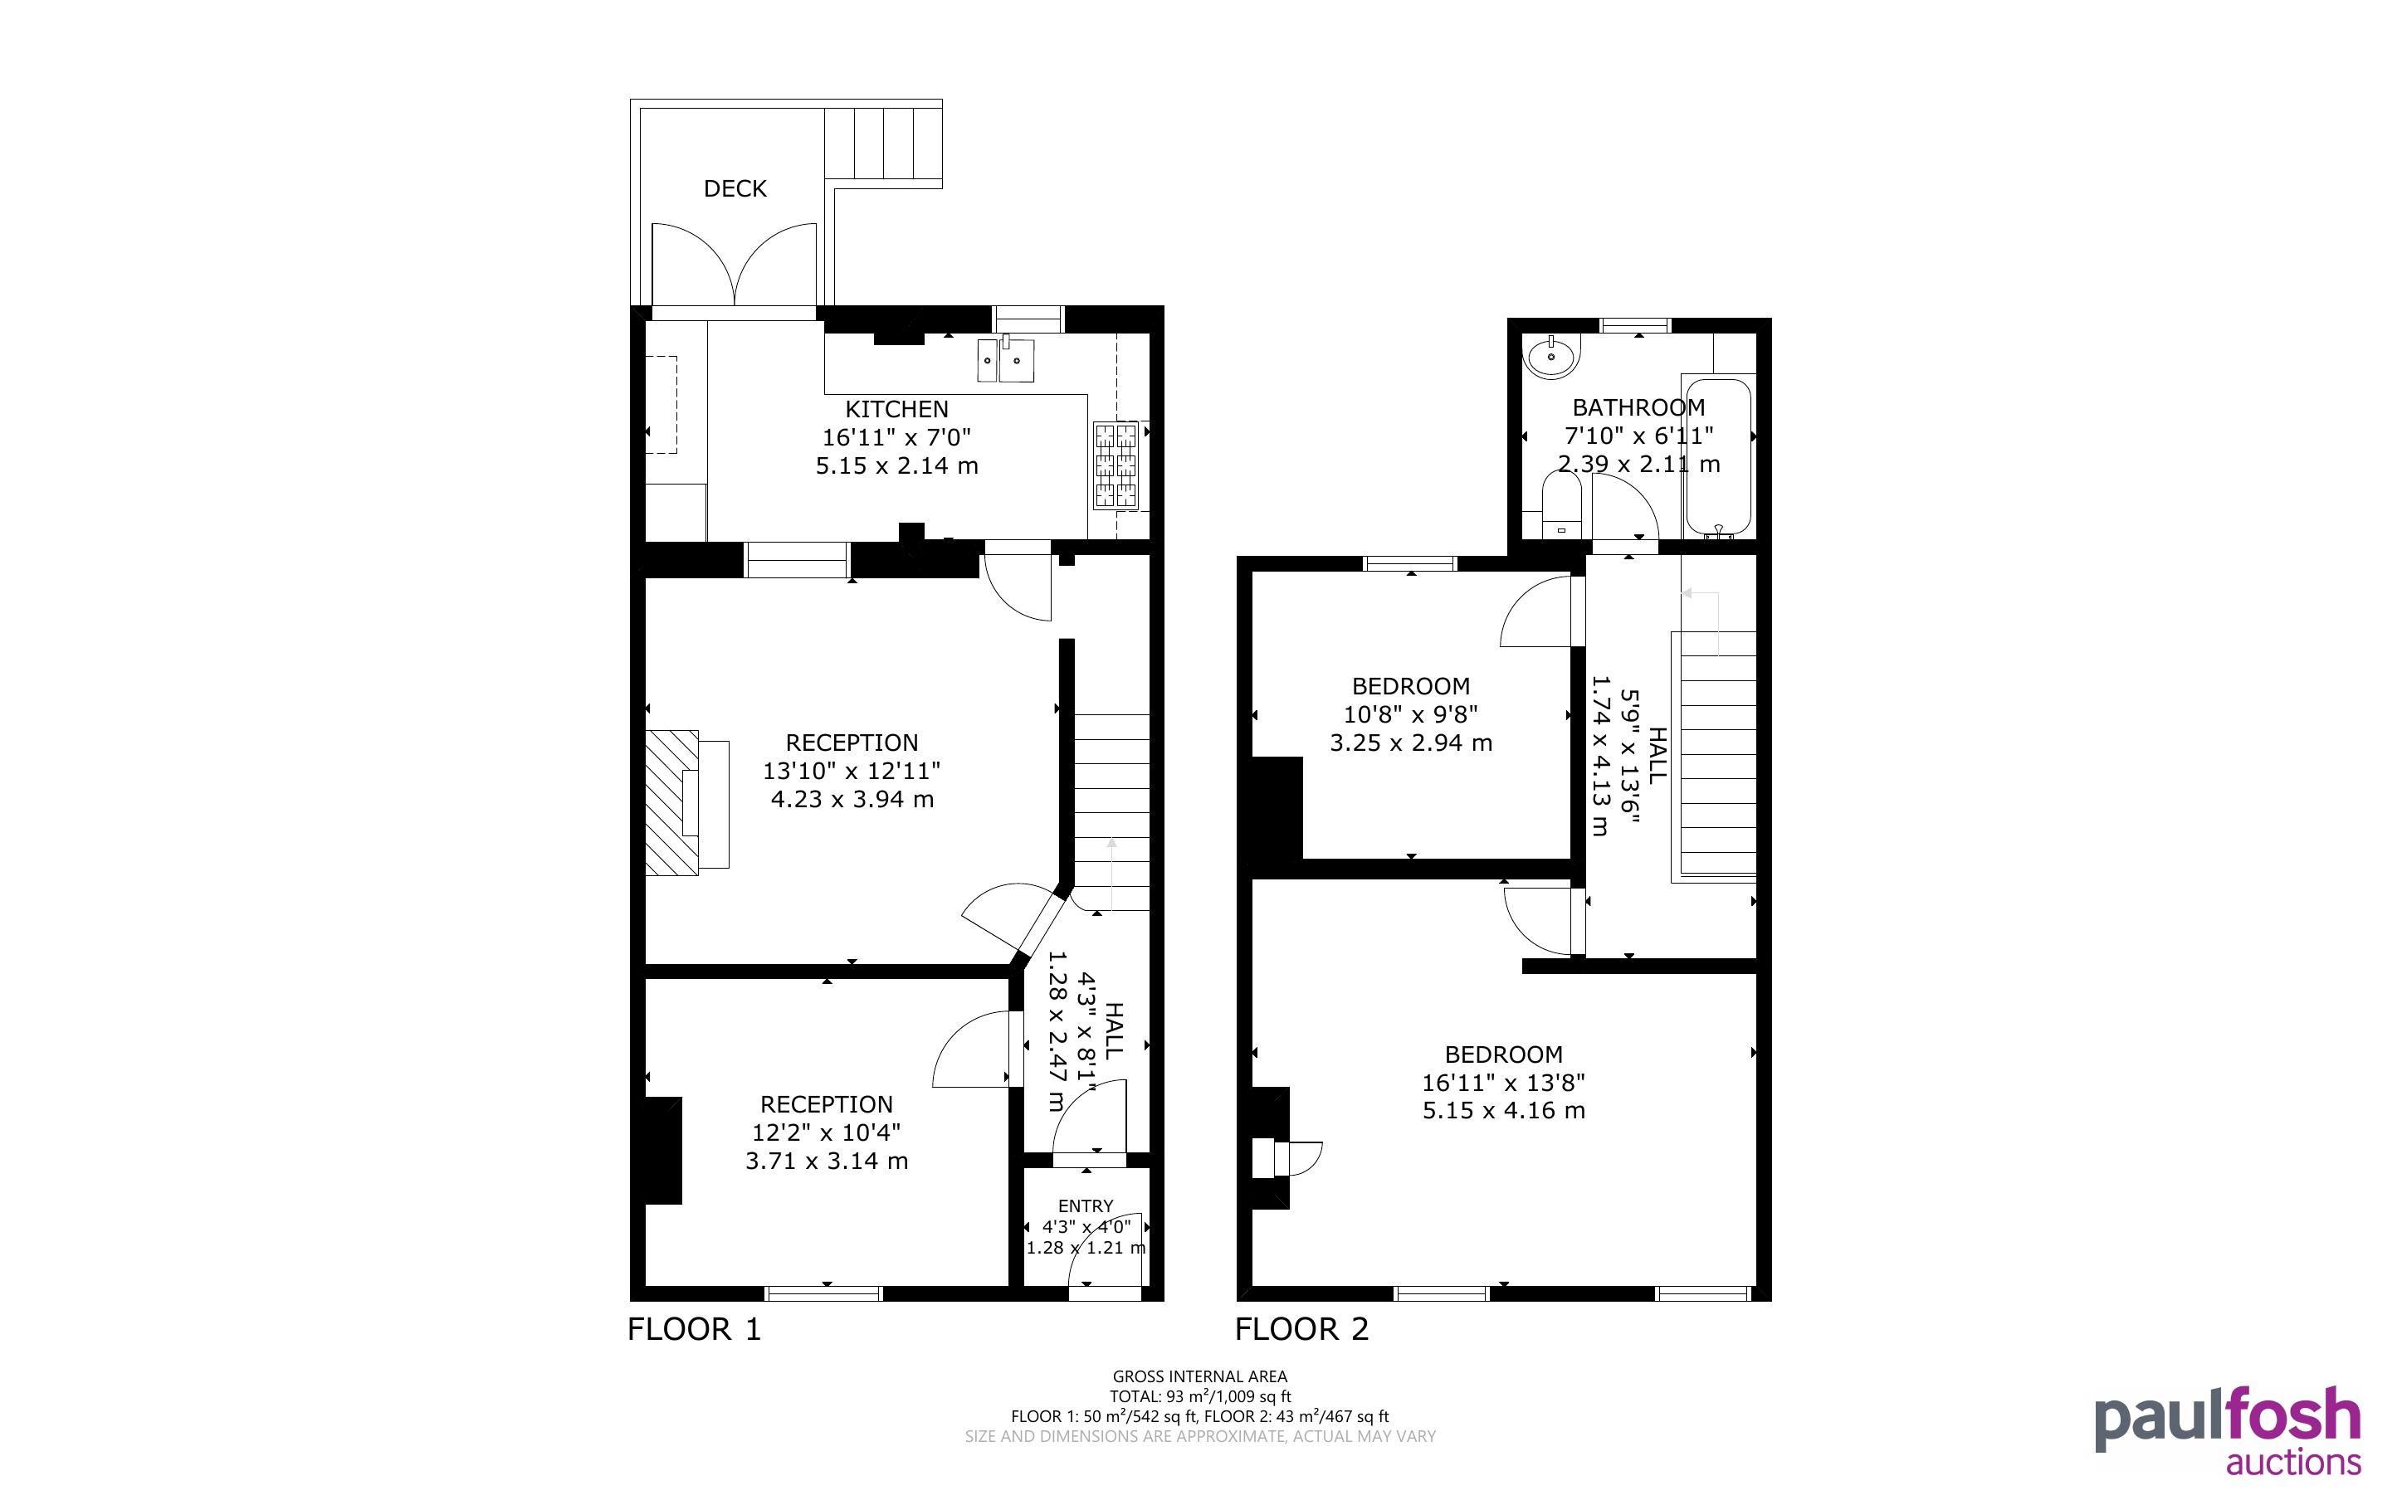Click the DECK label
click(735, 188)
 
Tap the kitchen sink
click(1005, 359)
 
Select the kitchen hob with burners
click(1116, 465)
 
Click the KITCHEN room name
click(897, 409)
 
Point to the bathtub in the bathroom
click(1717, 457)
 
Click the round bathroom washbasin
click(1550, 356)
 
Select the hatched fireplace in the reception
click(672, 802)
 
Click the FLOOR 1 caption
click(695, 1329)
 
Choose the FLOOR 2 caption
click(1301, 1329)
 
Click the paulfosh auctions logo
click(2228, 1431)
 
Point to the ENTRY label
click(1086, 1206)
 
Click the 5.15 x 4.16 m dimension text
click(1504, 1111)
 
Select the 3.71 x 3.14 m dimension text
click(827, 1161)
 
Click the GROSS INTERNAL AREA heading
click(1199, 1377)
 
